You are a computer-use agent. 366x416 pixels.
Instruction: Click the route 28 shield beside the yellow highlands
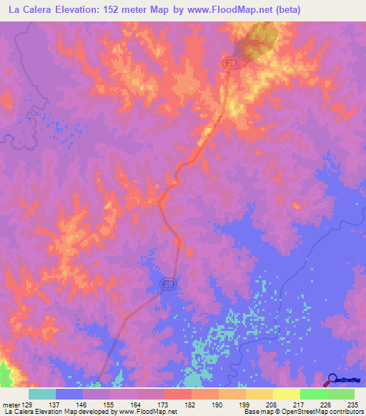pos(230,64)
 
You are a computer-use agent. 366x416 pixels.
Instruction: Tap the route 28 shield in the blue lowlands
pos(167,284)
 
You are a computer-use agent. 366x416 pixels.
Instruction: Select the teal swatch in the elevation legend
pos(42,394)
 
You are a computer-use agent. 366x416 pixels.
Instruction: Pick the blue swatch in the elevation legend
pos(69,394)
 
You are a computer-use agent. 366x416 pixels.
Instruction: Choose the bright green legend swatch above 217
pos(313,394)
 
